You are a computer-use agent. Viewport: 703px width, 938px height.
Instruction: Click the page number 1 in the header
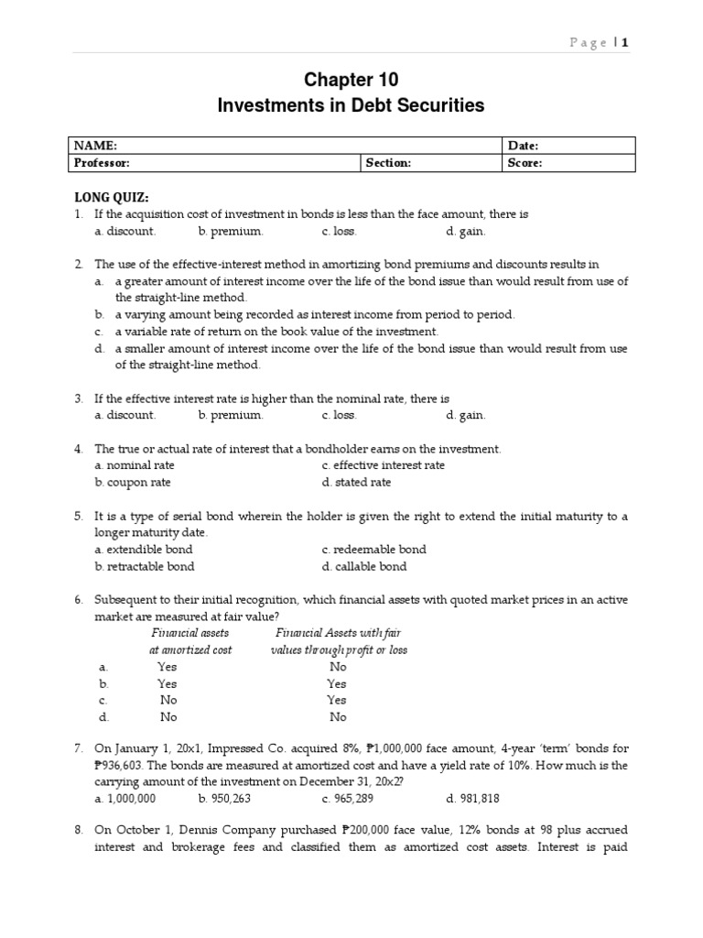coord(626,41)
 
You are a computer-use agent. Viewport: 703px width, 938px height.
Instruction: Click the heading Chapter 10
coord(351,80)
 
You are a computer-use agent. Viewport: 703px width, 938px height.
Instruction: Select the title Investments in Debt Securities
coord(351,106)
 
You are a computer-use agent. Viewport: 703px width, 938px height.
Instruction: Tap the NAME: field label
coord(95,146)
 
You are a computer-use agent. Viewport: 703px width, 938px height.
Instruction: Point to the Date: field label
coord(523,146)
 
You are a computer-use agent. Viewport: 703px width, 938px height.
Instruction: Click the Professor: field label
coord(103,163)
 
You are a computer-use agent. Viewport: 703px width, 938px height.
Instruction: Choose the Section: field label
coord(388,163)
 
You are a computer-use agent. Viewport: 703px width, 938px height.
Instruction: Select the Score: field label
coord(525,163)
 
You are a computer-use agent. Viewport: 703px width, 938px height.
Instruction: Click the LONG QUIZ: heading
coord(111,197)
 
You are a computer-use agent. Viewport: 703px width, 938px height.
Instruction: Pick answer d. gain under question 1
coord(466,232)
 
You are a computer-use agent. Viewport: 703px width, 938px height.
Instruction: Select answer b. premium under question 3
coord(231,415)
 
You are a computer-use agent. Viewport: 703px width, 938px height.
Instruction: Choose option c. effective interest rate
coord(384,465)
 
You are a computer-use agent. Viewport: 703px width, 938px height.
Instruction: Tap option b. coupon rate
coord(133,482)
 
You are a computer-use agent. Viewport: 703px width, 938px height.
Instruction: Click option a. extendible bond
coord(143,550)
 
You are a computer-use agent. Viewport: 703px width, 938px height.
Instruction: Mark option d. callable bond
coord(364,566)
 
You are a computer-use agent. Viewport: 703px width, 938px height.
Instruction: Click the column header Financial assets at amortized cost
coord(190,641)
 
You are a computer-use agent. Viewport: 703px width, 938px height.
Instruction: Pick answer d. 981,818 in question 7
coord(473,798)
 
